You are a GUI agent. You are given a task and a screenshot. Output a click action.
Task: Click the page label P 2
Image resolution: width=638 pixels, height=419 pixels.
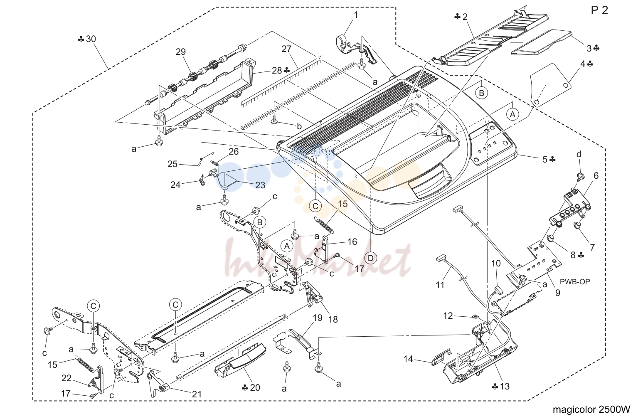click(599, 10)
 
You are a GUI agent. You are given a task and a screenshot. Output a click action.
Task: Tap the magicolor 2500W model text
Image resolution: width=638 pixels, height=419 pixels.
click(591, 409)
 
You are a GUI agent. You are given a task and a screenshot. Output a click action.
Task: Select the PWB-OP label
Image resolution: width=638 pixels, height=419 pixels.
click(575, 281)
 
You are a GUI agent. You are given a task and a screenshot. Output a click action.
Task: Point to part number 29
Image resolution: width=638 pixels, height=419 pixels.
click(180, 52)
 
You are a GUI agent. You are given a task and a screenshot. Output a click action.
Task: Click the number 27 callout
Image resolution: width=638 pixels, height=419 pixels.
click(286, 49)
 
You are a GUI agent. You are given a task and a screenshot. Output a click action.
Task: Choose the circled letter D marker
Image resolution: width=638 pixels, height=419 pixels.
click(371, 258)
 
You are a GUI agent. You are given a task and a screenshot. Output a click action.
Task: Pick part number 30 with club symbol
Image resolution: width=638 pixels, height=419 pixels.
click(87, 39)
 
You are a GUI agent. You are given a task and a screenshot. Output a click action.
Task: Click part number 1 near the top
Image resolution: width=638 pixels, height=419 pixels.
click(356, 15)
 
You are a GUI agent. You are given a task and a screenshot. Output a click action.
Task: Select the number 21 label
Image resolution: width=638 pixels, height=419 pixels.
click(197, 394)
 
